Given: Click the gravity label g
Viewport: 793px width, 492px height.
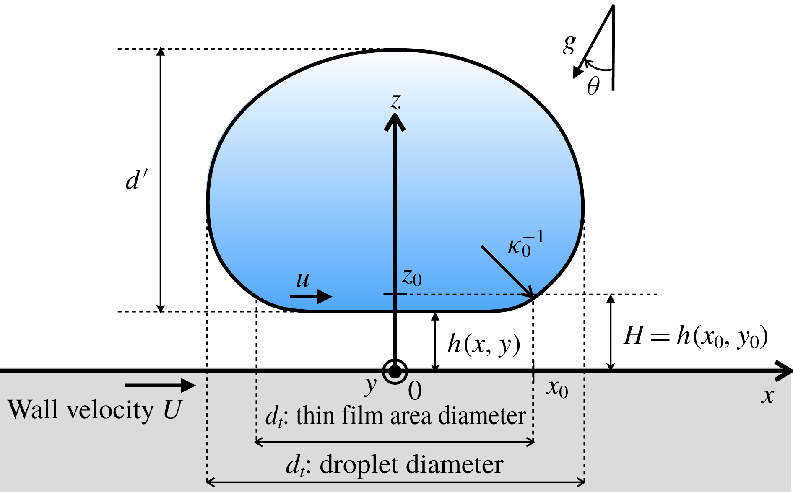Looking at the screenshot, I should (569, 44).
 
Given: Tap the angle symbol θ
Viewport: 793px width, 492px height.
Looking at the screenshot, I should (593, 86).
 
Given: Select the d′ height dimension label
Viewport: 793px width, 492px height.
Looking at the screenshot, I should (137, 181).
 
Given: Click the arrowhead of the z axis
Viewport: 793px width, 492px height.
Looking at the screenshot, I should (395, 122).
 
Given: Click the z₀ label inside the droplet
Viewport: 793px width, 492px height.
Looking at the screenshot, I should (411, 277).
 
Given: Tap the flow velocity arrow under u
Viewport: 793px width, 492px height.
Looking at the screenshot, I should (311, 297).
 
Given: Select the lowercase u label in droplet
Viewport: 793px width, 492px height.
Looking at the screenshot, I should (302, 280).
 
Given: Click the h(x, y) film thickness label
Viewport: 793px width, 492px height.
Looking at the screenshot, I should (484, 344).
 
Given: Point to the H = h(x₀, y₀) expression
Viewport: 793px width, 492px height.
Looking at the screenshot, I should (695, 337).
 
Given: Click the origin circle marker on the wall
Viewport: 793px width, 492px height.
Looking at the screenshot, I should (395, 371).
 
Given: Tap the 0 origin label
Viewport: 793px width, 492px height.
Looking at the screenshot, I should (415, 391).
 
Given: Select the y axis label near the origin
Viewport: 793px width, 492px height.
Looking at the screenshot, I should (371, 386).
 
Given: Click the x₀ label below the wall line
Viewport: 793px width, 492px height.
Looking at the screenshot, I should (557, 388).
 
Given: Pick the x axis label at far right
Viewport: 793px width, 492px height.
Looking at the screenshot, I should (767, 395).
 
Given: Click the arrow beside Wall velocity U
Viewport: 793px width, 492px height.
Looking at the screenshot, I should (160, 385).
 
